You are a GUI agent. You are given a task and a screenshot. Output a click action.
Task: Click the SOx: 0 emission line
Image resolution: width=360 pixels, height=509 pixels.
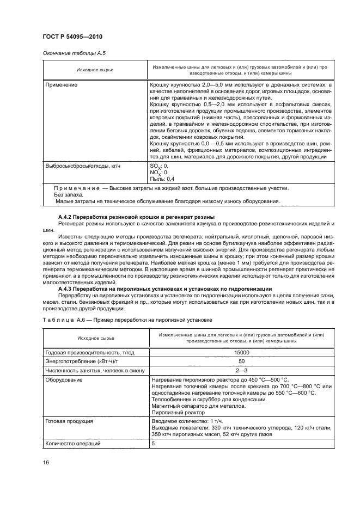[159, 165]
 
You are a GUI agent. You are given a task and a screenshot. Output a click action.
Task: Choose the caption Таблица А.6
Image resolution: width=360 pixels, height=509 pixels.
[126, 319]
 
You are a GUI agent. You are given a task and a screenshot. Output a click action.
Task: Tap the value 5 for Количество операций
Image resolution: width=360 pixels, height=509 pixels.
[152, 444]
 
